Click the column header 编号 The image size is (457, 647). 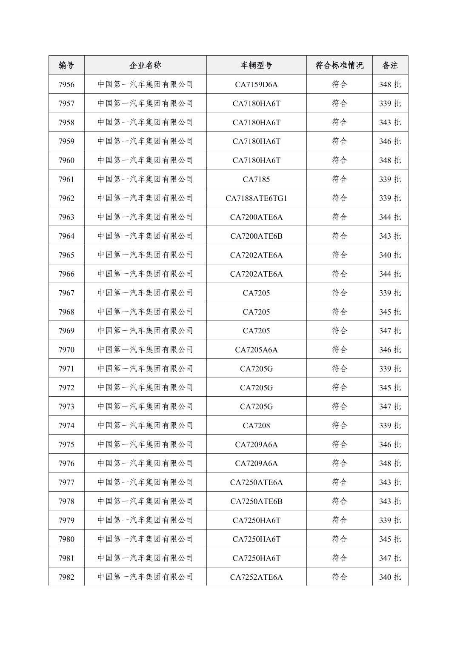point(66,65)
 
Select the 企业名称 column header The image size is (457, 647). point(145,65)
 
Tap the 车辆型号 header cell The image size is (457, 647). point(256,65)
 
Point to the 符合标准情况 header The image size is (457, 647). point(339,65)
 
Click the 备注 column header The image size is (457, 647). point(390,65)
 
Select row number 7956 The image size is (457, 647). point(66,84)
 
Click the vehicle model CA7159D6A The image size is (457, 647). point(256,84)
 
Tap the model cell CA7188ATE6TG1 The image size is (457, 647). point(256,198)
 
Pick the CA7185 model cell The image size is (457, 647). point(256,179)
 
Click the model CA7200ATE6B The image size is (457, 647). point(256,236)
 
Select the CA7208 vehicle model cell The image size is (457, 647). point(256,425)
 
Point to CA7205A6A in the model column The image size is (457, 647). point(256,349)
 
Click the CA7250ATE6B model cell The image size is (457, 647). point(256,501)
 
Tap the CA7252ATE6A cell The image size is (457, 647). point(256,577)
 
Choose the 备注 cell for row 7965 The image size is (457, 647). point(390,255)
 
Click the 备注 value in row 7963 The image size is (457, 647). point(390,217)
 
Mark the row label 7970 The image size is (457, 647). point(66,349)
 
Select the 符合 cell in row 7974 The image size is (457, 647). point(339,425)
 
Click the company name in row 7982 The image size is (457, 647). point(145,577)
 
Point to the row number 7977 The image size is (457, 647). point(66,482)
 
